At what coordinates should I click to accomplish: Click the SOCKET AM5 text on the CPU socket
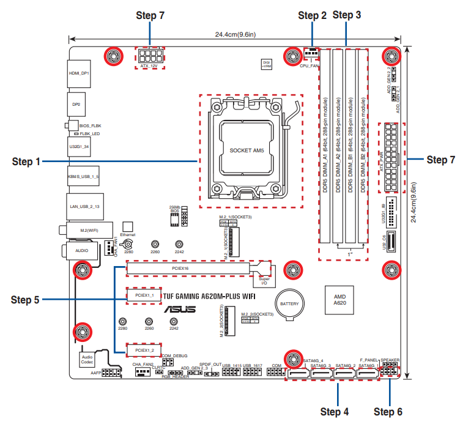pos(247,150)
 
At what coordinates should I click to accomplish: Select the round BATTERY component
pos(289,303)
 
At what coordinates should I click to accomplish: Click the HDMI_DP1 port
pos(79,73)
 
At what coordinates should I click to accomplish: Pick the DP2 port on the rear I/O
pos(76,104)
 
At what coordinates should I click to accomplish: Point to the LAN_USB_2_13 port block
pos(84,207)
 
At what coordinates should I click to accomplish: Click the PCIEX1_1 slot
pos(144,295)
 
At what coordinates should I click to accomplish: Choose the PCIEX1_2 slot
pos(144,350)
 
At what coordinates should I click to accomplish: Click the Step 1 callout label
pos(26,162)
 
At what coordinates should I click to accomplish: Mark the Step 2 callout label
pos(312,16)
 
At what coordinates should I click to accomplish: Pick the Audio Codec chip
pos(87,358)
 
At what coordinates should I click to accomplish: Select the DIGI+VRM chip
pos(266,64)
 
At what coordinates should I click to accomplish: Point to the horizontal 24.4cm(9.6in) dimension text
pos(235,35)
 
